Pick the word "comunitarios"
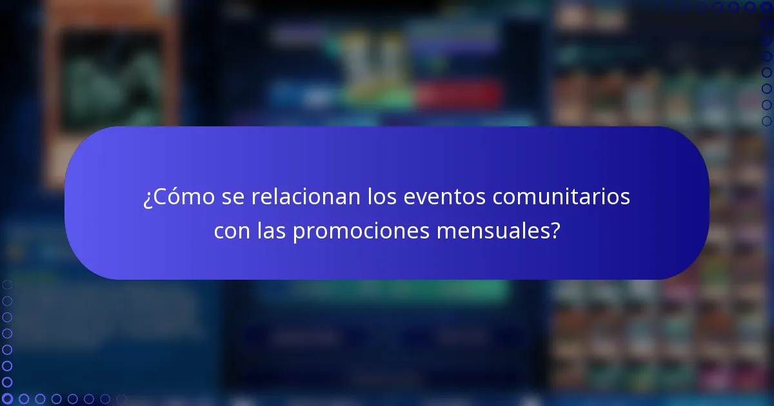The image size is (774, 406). (x=561, y=197)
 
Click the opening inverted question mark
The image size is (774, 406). (x=147, y=198)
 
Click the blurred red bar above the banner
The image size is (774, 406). (x=458, y=96)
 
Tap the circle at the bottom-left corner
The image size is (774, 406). (x=7, y=399)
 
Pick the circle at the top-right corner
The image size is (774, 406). (x=767, y=7)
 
